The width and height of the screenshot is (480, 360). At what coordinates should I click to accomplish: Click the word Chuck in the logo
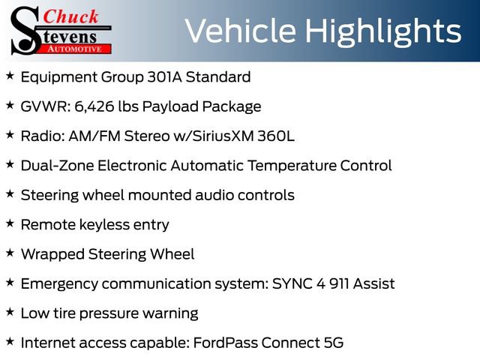pos(70,16)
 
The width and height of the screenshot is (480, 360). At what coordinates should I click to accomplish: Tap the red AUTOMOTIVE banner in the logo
pos(75,49)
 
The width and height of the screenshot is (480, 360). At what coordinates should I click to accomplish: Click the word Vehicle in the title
pos(241,31)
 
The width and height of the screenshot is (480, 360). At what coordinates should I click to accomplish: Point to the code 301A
pos(164,76)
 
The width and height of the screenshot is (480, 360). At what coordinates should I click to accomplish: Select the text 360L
pos(275,136)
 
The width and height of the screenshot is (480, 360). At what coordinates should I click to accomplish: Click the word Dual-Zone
pos(57,165)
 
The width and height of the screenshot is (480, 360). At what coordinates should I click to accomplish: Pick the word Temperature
pos(292,166)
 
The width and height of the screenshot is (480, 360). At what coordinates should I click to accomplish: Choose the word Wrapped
pos(52,255)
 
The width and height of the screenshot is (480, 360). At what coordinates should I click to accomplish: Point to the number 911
pos(339,283)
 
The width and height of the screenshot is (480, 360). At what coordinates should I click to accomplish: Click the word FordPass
pos(225,343)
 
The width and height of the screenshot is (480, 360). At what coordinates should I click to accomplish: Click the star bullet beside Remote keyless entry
pos(10,223)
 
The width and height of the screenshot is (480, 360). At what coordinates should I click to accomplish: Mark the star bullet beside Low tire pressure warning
pos(10,312)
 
